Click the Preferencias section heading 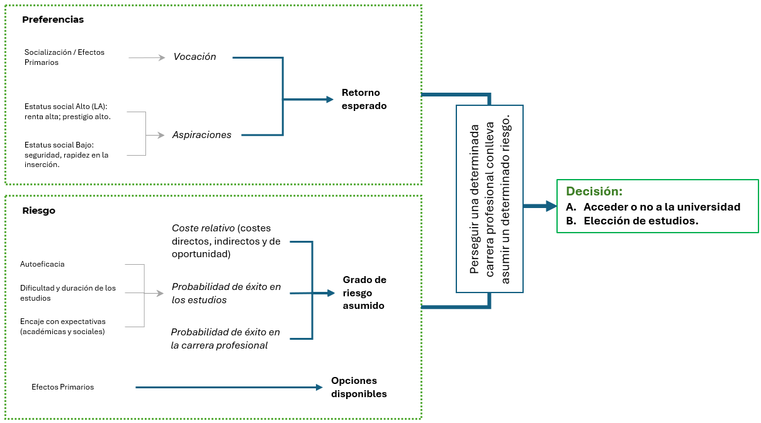click(x=53, y=20)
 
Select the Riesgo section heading click(x=38, y=211)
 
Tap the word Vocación click(x=194, y=57)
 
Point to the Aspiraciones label click(x=201, y=135)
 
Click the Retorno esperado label click(x=364, y=100)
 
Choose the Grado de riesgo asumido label click(x=364, y=293)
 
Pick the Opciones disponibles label click(x=359, y=387)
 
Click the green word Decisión click(x=594, y=192)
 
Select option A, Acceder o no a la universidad click(x=653, y=207)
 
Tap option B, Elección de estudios click(x=632, y=221)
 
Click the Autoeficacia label click(x=42, y=264)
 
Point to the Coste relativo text click(x=226, y=241)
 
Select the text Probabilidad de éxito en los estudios click(x=226, y=293)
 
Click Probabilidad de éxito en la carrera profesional click(x=225, y=339)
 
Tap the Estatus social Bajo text click(x=67, y=154)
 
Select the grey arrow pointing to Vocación click(x=146, y=58)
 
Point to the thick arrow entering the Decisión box click(x=539, y=206)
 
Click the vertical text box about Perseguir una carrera click(x=490, y=199)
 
